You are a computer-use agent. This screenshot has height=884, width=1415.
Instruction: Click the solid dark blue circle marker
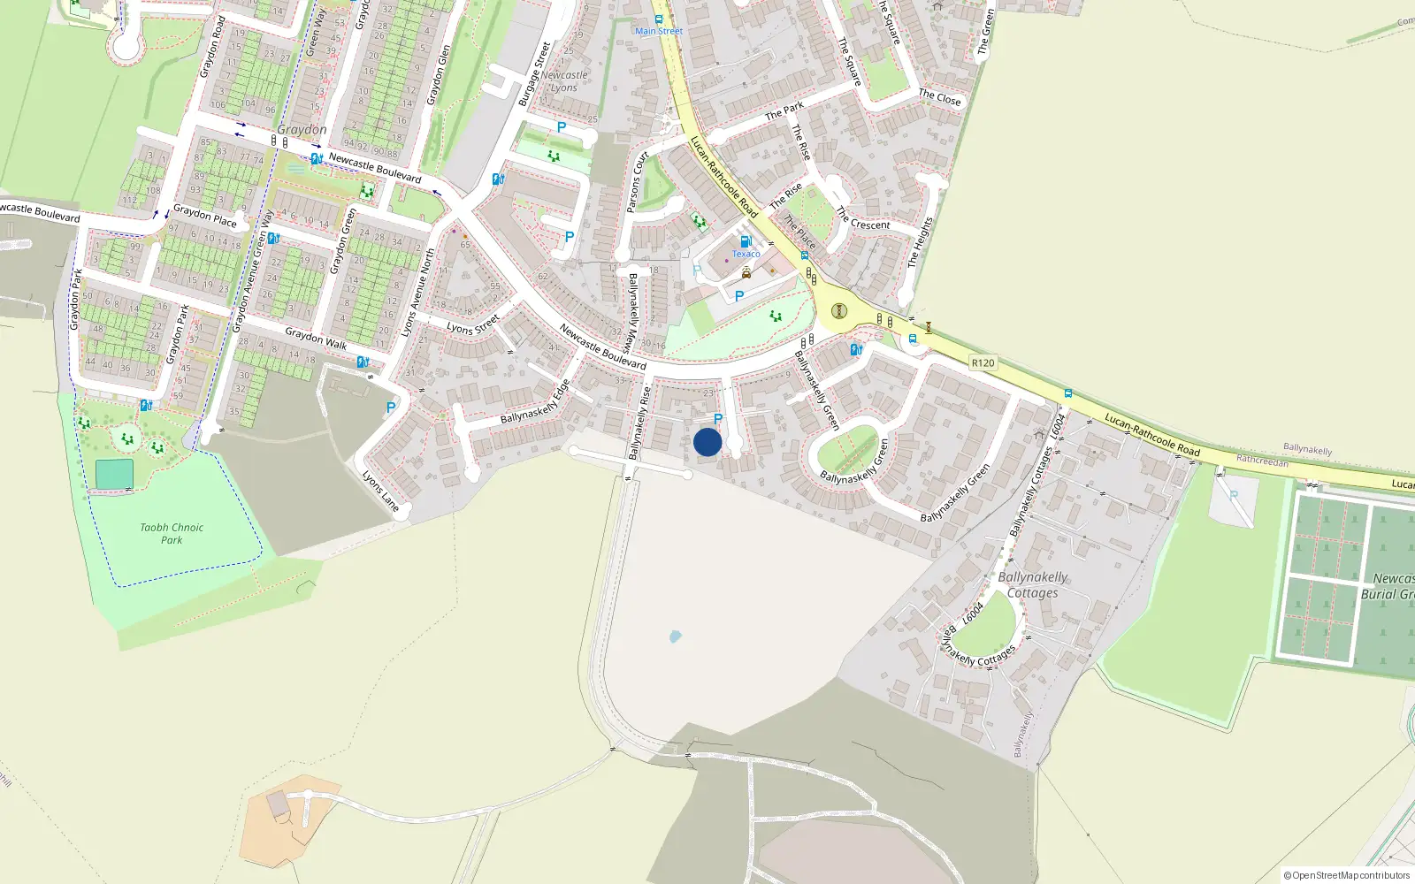click(x=707, y=442)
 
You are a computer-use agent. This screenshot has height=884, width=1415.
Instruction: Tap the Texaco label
click(x=746, y=254)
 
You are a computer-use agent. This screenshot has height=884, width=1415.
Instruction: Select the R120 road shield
click(x=983, y=362)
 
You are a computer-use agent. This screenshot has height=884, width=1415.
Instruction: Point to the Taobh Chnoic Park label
click(x=172, y=533)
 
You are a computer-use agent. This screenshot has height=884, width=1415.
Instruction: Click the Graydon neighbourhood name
click(x=302, y=130)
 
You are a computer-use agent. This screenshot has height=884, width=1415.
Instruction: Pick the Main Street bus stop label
click(x=659, y=31)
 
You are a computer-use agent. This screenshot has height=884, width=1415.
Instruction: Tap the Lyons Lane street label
click(x=381, y=491)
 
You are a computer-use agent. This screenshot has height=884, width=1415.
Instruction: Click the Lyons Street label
click(x=473, y=324)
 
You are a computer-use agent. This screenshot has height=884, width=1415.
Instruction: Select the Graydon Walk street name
click(x=316, y=338)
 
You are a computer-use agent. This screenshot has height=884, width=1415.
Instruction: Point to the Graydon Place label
click(x=204, y=215)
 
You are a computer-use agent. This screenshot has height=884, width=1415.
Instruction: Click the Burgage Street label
click(x=534, y=74)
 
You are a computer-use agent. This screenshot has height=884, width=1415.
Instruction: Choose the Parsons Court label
click(x=637, y=182)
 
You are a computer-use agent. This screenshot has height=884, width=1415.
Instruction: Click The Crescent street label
click(x=863, y=219)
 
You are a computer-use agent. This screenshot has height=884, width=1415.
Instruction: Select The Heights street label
click(x=921, y=242)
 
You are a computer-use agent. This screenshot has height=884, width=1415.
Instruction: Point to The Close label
click(x=939, y=97)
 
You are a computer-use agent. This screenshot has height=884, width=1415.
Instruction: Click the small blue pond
click(x=676, y=636)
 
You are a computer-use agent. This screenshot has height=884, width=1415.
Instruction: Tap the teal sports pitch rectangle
click(x=114, y=474)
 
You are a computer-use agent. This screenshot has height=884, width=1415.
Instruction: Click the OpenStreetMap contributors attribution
click(x=1346, y=875)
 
